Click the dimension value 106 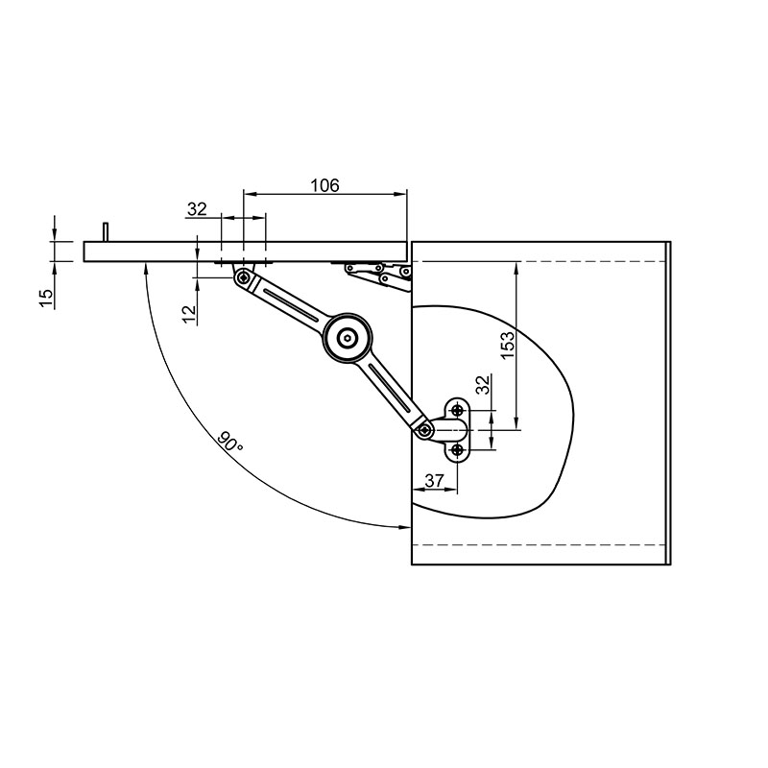pos(324,185)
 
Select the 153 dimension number pos(508,345)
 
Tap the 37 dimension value pos(435,481)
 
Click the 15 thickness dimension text pos(45,299)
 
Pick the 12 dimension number pos(189,314)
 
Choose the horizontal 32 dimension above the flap pos(198,209)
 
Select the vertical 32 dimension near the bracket pos(483,385)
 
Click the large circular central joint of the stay pos(348,338)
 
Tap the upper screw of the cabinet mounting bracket pos(458,410)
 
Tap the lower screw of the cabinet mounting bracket pos(458,449)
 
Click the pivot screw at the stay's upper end pos(244,278)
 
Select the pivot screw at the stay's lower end pos(424,430)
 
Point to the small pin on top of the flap pos(106,231)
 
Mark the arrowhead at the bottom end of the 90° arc pos(404,527)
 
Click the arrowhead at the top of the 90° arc pos(146,268)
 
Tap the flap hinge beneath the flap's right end pos(378,276)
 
